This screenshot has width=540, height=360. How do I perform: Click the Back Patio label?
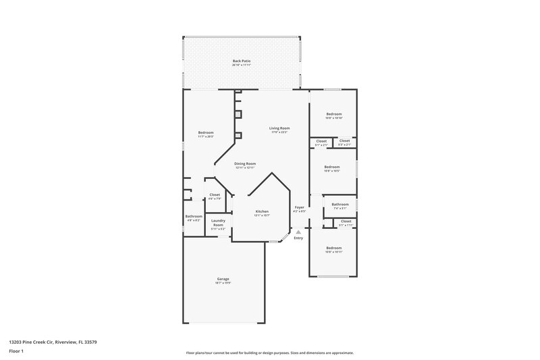pos(242,61)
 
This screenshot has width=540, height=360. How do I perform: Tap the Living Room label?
pos(279,128)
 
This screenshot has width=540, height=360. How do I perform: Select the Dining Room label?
pos(245,164)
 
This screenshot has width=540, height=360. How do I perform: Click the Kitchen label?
pos(262,212)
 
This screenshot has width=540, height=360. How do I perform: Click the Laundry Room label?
pos(218,223)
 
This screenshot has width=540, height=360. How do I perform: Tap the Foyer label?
pos(299,207)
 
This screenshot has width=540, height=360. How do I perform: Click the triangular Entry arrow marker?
pos(298,232)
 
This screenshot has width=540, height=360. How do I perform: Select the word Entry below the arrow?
pos(298,238)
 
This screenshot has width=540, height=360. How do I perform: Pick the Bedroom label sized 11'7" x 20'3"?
pos(206,132)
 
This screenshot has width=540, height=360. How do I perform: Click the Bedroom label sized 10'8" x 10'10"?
pos(334,114)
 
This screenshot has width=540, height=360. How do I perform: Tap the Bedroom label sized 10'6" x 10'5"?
pos(331,167)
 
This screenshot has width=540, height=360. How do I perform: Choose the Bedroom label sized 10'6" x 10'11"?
pos(334,248)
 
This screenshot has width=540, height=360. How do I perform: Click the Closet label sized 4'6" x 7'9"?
pos(214,195)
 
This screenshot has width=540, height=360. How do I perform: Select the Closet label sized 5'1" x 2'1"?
pos(321,141)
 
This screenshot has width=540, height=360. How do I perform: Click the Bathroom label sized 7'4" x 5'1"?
pos(341,205)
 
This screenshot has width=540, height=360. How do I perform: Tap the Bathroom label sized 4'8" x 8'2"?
pos(193,217)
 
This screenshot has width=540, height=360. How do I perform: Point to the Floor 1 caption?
pos(16,352)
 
